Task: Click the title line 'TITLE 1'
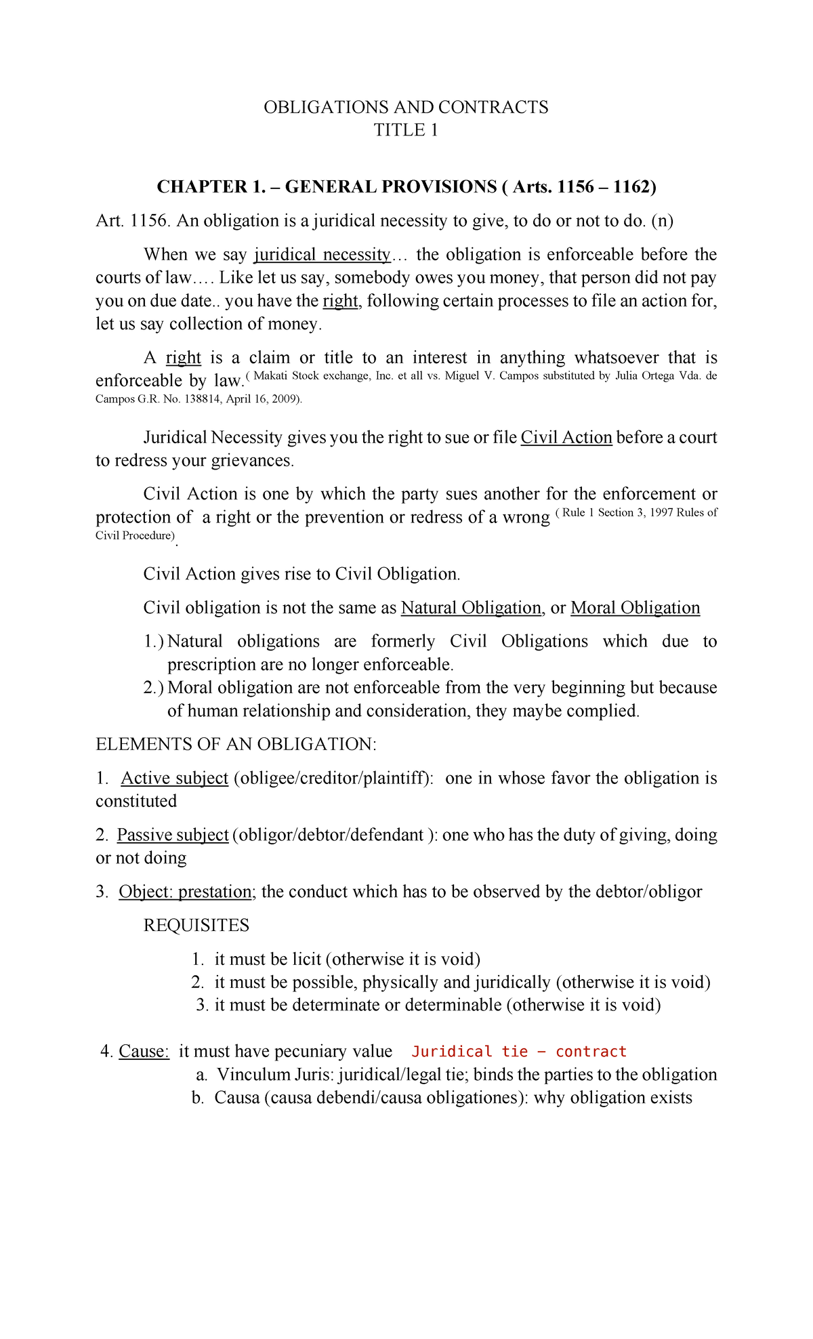406,130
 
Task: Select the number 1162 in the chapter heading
631,186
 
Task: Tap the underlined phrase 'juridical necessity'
322,255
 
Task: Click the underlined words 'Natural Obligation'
471,608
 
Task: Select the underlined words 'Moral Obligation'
635,608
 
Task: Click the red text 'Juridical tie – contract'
519,1052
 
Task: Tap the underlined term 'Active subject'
175,778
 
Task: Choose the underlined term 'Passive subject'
173,835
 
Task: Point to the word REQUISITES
196,926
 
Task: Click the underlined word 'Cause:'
144,1052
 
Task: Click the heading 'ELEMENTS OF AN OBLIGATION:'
236,745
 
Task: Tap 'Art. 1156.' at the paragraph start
131,221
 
